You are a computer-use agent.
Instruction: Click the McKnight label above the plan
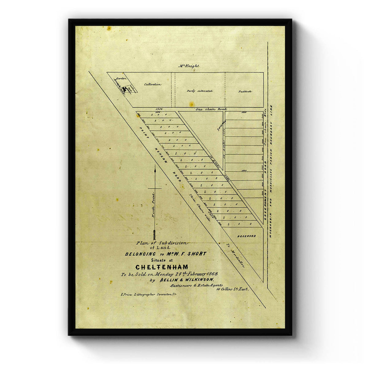[x=189, y=66]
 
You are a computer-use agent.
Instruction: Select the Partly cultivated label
[x=200, y=91]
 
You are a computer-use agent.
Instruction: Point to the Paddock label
[x=244, y=91]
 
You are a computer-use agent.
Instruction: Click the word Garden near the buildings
[x=121, y=79]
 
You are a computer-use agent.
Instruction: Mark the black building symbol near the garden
[x=124, y=90]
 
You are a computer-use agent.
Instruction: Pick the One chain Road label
[x=211, y=109]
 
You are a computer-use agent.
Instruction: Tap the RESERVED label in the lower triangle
[x=247, y=236]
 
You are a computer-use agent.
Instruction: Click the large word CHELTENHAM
[x=162, y=267]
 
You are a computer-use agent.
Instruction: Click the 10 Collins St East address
[x=232, y=289]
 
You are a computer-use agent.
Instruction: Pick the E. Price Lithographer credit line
[x=149, y=294]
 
